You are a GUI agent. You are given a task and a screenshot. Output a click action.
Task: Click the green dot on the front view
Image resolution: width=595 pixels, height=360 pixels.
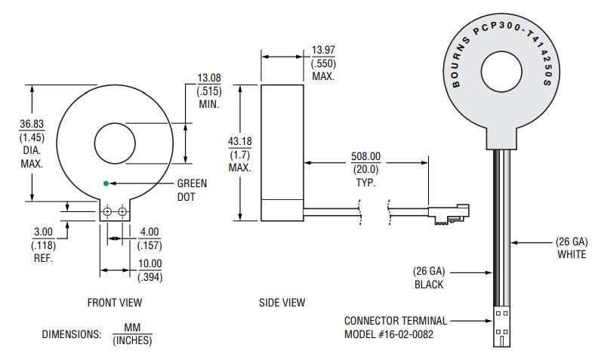[106, 183]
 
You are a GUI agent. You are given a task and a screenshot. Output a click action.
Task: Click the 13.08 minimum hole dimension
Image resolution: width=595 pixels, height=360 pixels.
[208, 78]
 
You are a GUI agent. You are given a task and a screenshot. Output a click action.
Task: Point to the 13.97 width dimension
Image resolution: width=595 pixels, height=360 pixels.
[323, 51]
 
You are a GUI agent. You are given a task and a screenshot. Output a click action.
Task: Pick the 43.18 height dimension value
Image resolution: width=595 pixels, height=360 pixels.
[240, 142]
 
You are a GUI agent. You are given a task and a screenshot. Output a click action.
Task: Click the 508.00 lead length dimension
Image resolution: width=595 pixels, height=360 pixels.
[365, 157]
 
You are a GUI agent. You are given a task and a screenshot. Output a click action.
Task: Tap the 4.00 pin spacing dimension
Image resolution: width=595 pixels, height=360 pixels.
[150, 232]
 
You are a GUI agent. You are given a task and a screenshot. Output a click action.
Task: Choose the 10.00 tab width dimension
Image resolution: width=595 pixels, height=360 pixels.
[150, 263]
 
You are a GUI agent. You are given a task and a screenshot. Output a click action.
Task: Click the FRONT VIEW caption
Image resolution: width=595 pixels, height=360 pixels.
[115, 303]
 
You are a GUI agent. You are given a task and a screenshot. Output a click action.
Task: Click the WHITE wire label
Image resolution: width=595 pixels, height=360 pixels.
[572, 254]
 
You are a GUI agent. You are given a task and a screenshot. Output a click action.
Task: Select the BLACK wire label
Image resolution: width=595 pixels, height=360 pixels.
[428, 285]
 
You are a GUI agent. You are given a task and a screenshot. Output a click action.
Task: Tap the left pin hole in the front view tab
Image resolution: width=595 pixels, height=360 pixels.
[107, 213]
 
